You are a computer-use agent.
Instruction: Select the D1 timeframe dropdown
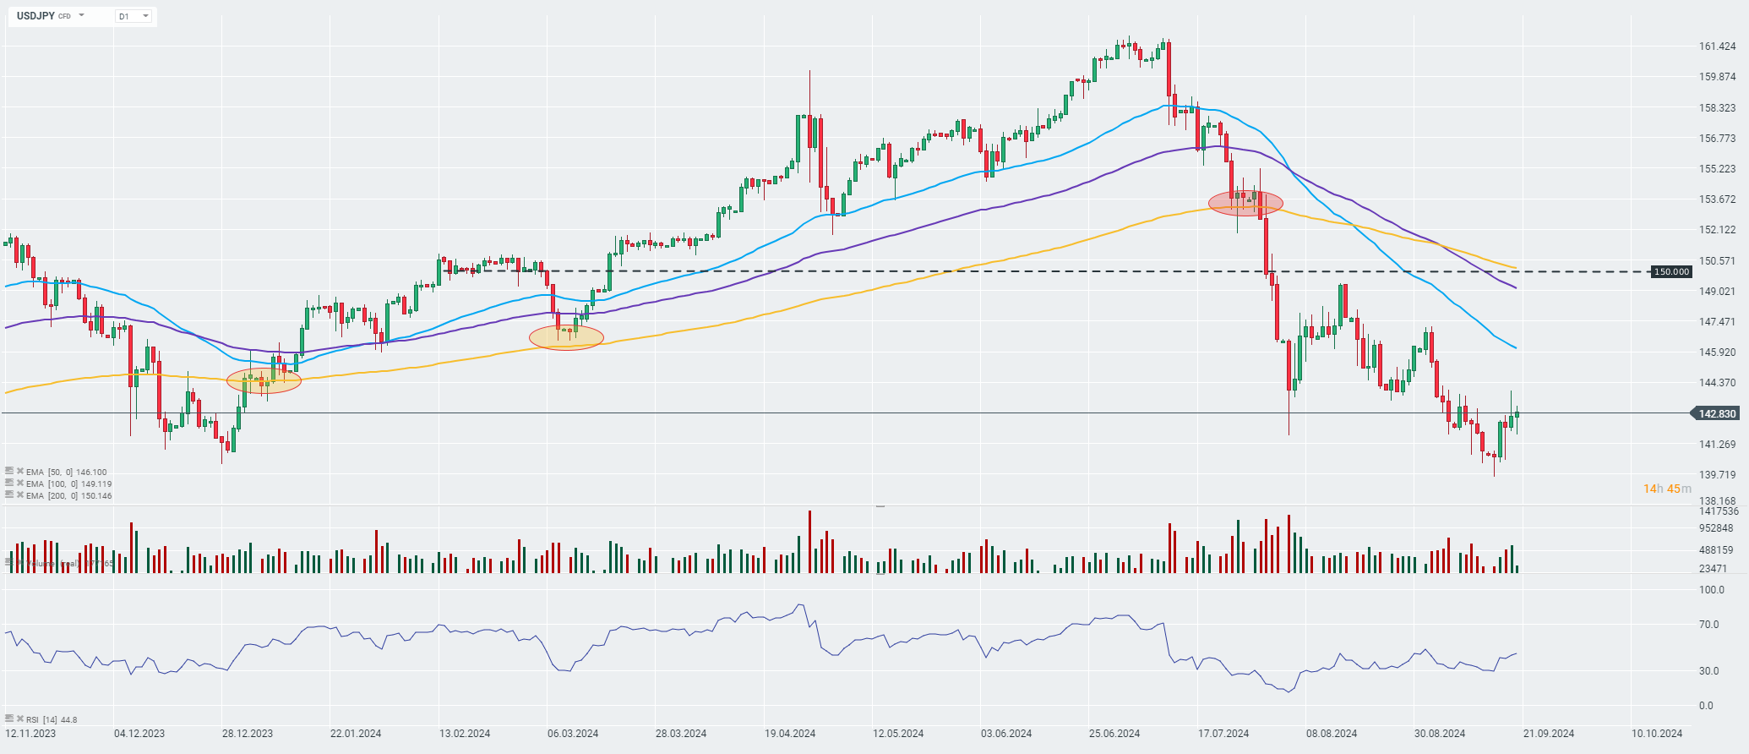pos(133,16)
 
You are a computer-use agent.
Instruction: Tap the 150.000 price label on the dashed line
pos(1671,271)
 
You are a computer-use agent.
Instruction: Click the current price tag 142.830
pos(1717,413)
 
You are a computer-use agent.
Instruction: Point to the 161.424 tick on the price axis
pos(1717,46)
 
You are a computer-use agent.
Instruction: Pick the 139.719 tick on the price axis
pos(1717,475)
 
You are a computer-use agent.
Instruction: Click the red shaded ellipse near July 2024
pos(1245,203)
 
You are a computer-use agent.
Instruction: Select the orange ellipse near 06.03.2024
pos(566,337)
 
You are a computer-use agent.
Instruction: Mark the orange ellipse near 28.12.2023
pos(264,380)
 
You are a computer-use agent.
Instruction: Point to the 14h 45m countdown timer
pos(1667,489)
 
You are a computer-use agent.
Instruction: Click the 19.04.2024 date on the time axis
pos(790,734)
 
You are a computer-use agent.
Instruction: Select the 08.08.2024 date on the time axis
pos(1332,734)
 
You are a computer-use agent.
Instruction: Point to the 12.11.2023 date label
pos(30,734)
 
